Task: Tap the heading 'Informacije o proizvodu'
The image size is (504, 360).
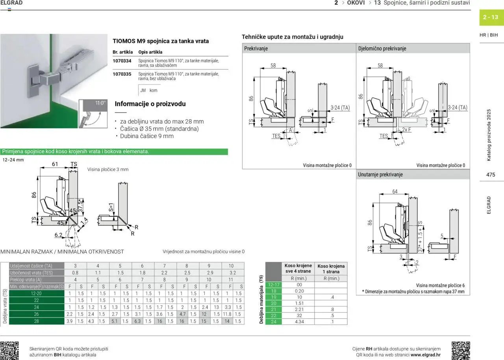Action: click(150, 104)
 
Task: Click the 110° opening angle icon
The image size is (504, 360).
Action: click(93, 113)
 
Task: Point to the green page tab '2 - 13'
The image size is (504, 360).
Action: click(490, 17)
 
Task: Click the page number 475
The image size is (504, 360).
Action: click(490, 175)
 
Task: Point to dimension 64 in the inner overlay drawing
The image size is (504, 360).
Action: click(395, 192)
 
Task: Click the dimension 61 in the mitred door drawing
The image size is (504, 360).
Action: click(55, 164)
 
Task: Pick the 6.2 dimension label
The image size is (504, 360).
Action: click(58, 235)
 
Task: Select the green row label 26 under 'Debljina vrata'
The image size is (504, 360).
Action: click(36, 314)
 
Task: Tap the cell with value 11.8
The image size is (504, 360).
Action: click(227, 314)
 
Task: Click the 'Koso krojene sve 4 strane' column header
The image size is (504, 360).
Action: click(298, 268)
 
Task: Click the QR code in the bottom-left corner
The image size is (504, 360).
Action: click(9, 351)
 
